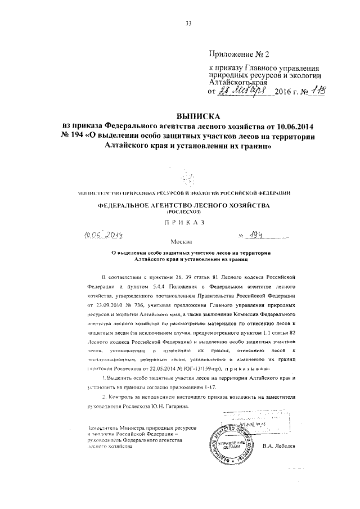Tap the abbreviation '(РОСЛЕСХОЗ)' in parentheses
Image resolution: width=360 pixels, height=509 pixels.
[183, 214]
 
